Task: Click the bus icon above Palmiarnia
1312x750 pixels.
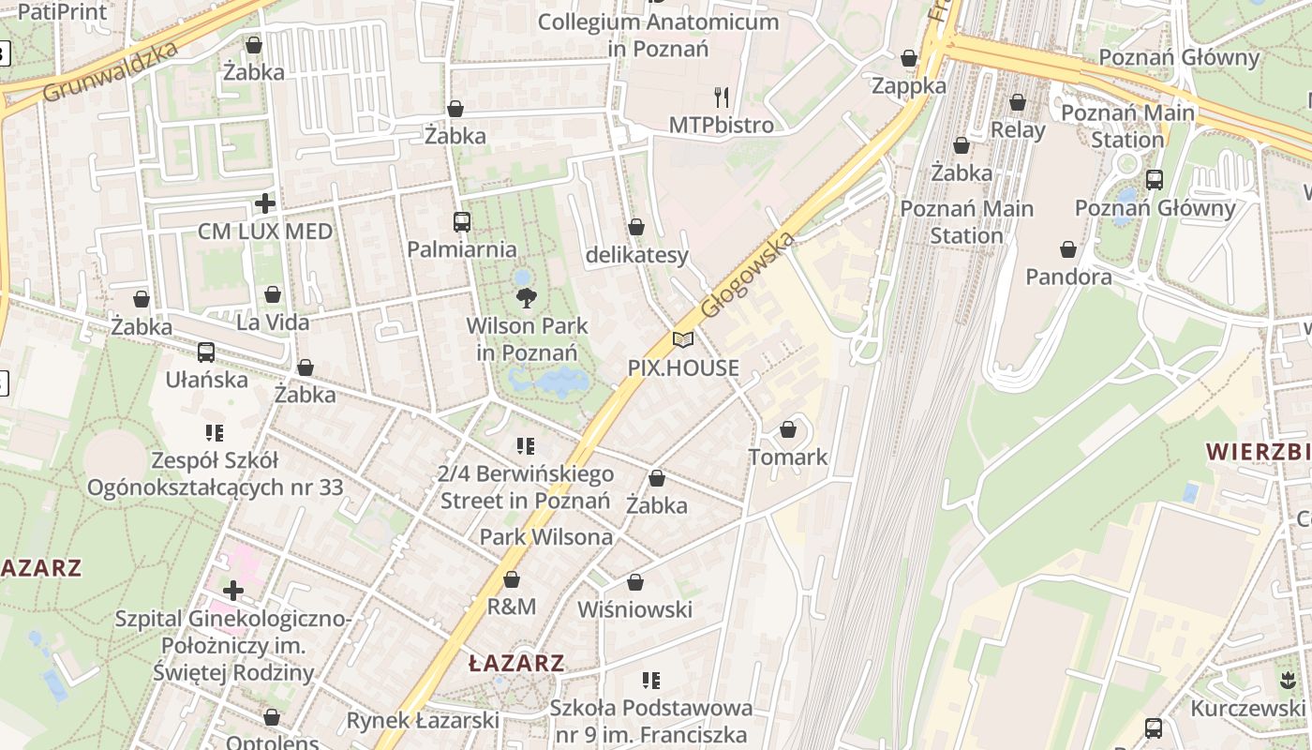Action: [461, 222]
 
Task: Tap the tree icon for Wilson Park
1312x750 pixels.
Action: [527, 298]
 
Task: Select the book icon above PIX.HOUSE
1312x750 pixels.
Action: [683, 340]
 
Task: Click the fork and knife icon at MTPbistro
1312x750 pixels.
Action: [722, 97]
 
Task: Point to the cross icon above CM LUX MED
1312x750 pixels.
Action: [265, 202]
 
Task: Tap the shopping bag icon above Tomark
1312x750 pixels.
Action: [788, 429]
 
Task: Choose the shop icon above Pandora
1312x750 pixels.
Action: [1068, 249]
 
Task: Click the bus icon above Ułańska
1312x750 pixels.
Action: [206, 352]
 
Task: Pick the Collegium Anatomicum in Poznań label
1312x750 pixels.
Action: [659, 35]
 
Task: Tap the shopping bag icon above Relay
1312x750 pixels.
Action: [1018, 102]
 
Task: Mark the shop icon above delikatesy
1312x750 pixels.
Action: [636, 227]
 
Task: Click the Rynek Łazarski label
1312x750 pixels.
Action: [423, 720]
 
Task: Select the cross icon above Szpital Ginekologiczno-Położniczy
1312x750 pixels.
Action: [233, 591]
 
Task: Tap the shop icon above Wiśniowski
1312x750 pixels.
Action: [635, 582]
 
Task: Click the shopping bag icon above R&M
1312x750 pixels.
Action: [512, 579]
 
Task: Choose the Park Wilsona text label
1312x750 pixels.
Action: [546, 537]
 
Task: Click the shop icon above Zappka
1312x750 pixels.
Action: [909, 58]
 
